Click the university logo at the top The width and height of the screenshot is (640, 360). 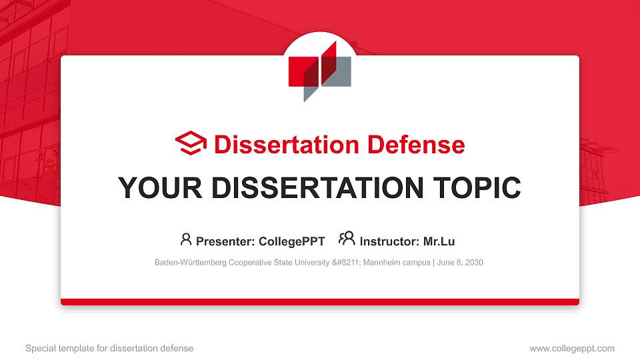click(319, 71)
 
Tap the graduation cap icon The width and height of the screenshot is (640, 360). click(191, 144)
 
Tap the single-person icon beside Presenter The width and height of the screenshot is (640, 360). click(186, 239)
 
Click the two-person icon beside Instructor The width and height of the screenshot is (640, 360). click(347, 239)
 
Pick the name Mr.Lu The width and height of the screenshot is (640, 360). click(439, 241)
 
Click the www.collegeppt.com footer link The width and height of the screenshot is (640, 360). click(572, 348)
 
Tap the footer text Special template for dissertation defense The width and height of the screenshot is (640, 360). click(109, 348)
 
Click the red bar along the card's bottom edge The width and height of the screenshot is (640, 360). click(320, 302)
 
